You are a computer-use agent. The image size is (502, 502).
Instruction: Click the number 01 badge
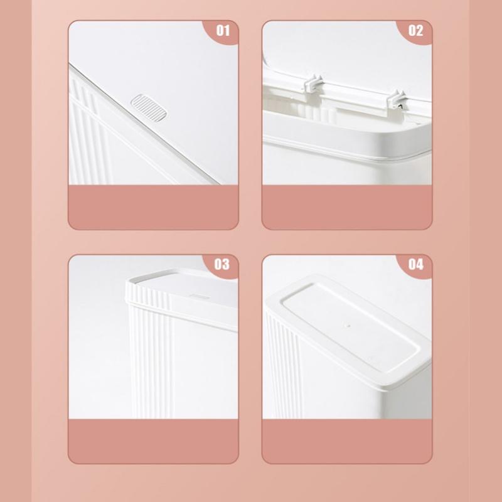click(x=223, y=30)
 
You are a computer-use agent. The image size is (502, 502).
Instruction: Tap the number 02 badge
click(x=416, y=30)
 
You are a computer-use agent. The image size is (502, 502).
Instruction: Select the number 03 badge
click(x=223, y=264)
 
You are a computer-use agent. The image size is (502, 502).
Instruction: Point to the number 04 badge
click(x=416, y=264)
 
